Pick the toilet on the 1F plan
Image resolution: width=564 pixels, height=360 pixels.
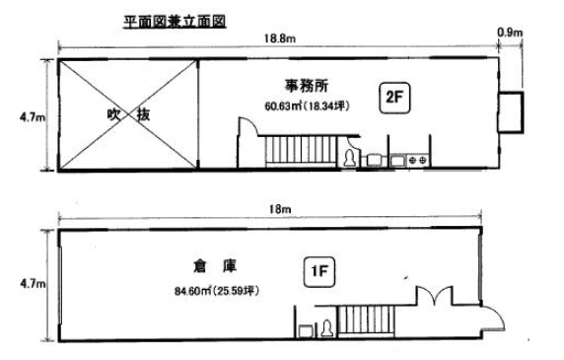(x=325, y=327)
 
